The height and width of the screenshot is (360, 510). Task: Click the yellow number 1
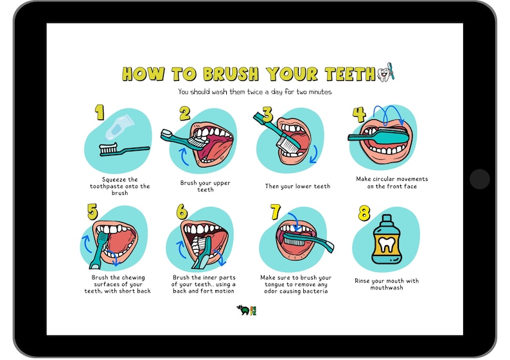click(x=100, y=113)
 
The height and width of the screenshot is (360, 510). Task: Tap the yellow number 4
click(x=358, y=115)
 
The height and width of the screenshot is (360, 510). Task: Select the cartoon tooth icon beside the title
click(x=383, y=74)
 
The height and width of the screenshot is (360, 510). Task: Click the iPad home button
click(x=479, y=179)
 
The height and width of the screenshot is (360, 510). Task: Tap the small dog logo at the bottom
click(x=243, y=310)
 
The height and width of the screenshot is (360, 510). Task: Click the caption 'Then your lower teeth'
click(x=297, y=186)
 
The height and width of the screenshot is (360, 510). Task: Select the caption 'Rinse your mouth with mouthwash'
click(x=386, y=284)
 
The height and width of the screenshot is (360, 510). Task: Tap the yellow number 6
click(x=182, y=212)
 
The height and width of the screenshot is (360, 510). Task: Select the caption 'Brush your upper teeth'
click(x=205, y=186)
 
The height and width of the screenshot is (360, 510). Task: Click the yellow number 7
click(x=276, y=212)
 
